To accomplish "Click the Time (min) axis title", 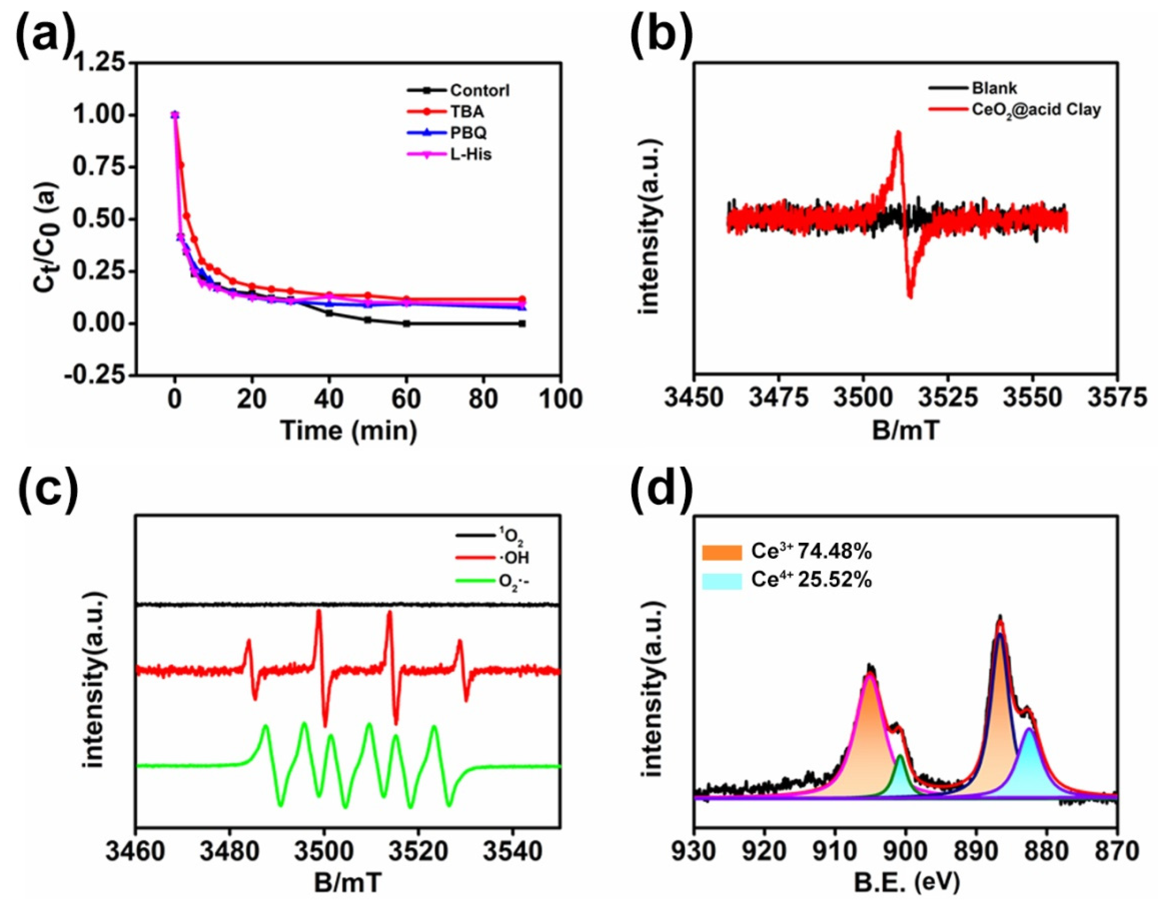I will (x=348, y=430).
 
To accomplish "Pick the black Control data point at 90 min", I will (x=522, y=324).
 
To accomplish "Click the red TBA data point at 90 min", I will (x=522, y=299).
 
